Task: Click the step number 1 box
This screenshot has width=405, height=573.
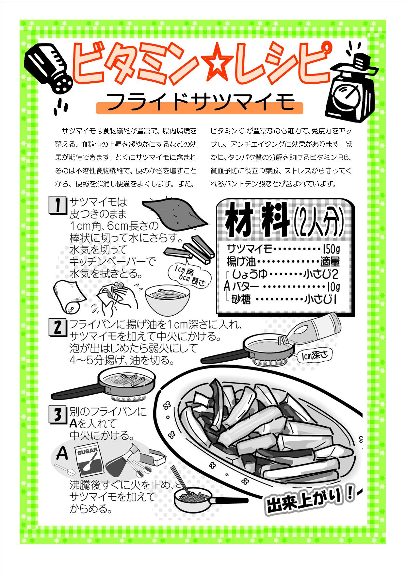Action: tap(57, 205)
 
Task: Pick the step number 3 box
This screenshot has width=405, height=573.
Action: tap(57, 414)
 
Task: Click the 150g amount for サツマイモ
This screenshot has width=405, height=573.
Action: tap(331, 250)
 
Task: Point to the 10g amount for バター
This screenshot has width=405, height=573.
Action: tap(333, 287)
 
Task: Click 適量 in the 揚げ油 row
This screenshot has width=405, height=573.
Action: tap(330, 262)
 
